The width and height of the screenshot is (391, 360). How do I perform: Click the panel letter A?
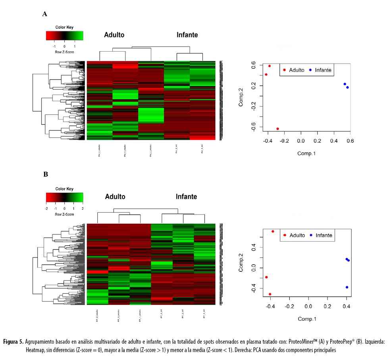pyautogui.click(x=45, y=14)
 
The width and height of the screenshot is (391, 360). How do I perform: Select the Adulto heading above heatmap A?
pyautogui.click(x=114, y=35)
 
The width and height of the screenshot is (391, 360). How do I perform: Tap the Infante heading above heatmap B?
pyautogui.click(x=187, y=197)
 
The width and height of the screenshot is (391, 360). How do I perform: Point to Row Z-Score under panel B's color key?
pyautogui.click(x=64, y=214)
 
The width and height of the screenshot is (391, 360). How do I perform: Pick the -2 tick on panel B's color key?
pyautogui.click(x=47, y=208)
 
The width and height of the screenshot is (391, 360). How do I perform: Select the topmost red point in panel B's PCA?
pyautogui.click(x=273, y=231)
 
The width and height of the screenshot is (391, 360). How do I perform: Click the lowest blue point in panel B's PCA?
pyautogui.click(x=347, y=287)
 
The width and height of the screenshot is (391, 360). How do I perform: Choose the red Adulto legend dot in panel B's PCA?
pyautogui.click(x=285, y=235)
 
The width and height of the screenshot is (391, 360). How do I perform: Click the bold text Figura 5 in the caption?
pyautogui.click(x=13, y=342)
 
